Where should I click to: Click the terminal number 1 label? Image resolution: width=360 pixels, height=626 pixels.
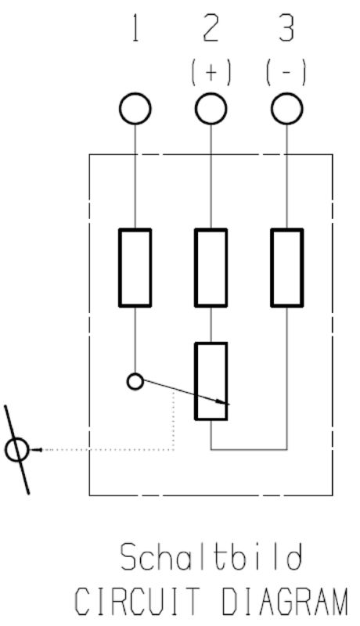pyautogui.click(x=135, y=28)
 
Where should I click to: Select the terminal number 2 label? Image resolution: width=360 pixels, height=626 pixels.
pyautogui.click(x=211, y=28)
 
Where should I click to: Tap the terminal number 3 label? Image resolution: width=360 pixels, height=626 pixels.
pyautogui.click(x=286, y=28)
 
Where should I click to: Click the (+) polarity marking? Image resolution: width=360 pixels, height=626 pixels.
pyautogui.click(x=211, y=72)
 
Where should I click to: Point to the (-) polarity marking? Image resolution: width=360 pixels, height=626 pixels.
pyautogui.click(x=286, y=72)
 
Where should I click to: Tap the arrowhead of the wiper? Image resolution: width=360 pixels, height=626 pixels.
pyautogui.click(x=225, y=402)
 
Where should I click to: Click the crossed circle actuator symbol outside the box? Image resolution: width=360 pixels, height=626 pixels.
pyautogui.click(x=16, y=450)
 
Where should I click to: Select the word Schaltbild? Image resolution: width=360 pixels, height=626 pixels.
pyautogui.click(x=211, y=557)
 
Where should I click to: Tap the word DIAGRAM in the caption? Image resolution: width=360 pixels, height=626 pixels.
pyautogui.click(x=284, y=601)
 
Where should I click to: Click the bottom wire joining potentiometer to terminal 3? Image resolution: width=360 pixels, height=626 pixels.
pyautogui.click(x=249, y=450)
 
